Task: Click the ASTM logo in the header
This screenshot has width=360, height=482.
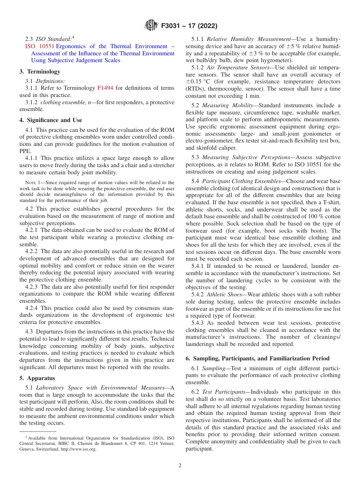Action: point(152,26)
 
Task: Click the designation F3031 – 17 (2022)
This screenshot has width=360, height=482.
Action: point(189,26)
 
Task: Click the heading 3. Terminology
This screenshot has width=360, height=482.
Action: point(39,71)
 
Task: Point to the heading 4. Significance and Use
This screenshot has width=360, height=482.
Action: point(50,120)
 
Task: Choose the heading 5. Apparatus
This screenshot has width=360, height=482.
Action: point(37,378)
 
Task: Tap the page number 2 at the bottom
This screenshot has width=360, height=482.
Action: point(180,466)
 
